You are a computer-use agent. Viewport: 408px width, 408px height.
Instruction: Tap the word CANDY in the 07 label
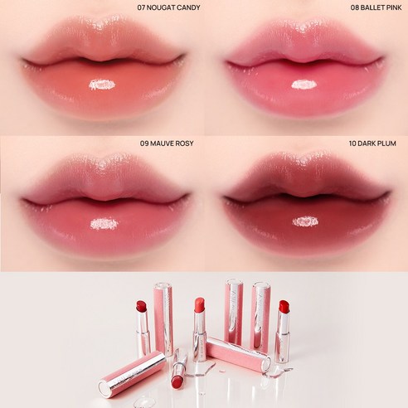coord(189,7)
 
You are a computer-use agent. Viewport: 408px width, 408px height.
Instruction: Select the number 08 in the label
coord(355,7)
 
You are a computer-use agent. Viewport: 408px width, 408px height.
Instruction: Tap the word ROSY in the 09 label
coord(184,143)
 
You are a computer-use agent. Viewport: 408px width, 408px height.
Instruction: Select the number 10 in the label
coord(352,143)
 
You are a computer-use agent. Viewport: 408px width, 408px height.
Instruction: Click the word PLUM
coord(387,143)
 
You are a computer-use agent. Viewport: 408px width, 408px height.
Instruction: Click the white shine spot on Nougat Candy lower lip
coord(102,85)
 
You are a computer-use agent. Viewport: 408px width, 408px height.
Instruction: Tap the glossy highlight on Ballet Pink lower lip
coord(304,85)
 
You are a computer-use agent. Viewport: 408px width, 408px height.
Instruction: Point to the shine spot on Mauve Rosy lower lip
coord(104,223)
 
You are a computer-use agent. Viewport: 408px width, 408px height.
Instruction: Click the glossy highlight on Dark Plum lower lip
coord(305,221)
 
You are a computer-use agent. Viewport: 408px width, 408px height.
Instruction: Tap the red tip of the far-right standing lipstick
coord(284,307)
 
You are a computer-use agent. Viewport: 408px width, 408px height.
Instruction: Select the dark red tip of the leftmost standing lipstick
coord(142,307)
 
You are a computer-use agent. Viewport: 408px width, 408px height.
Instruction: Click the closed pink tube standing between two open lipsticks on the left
coord(163,318)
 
